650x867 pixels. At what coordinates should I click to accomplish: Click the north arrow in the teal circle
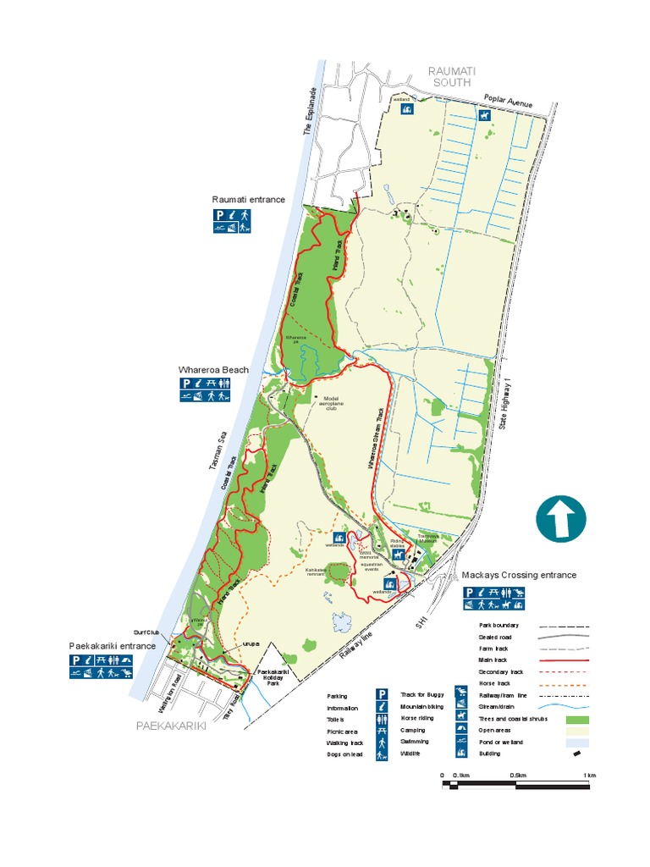click(x=560, y=518)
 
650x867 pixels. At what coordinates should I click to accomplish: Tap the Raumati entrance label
click(x=249, y=200)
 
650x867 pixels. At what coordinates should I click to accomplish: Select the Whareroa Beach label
click(x=213, y=370)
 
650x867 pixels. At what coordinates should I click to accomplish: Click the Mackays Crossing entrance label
click(x=519, y=575)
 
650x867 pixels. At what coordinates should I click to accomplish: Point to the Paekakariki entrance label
click(x=113, y=645)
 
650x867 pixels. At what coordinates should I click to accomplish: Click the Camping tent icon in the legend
click(x=462, y=730)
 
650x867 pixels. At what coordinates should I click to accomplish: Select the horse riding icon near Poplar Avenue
click(x=484, y=114)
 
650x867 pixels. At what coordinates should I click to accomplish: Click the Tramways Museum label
click(x=425, y=538)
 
